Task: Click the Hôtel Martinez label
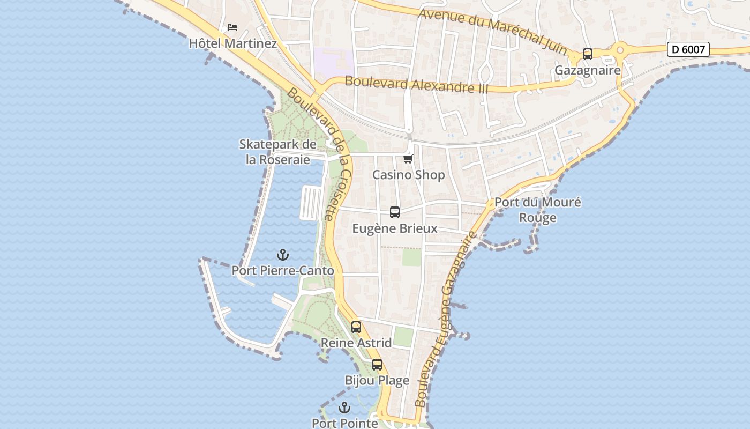(x=232, y=43)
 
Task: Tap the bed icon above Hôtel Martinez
(x=232, y=27)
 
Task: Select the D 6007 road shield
(x=688, y=49)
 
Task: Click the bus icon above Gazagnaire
(x=588, y=54)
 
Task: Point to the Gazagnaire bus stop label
(x=588, y=70)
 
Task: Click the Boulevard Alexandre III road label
(x=417, y=85)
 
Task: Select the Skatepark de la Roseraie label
(x=277, y=152)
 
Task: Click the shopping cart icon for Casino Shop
(x=408, y=159)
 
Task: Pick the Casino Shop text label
(x=408, y=175)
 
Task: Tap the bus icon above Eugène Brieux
(x=395, y=212)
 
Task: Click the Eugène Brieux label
(x=395, y=228)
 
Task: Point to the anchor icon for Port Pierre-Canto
(x=282, y=255)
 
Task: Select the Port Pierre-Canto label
(x=282, y=271)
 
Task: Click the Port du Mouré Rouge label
(x=537, y=210)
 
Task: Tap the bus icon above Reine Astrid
(x=356, y=327)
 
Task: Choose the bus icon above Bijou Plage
(x=377, y=365)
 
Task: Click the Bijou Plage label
(x=377, y=381)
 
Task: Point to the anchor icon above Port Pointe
(x=344, y=408)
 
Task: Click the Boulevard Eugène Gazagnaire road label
(x=446, y=320)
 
